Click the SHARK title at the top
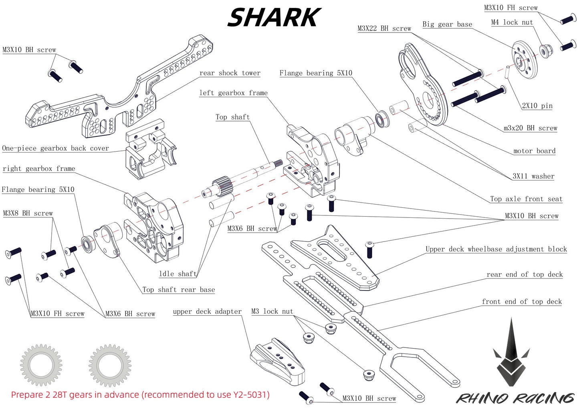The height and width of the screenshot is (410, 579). tap(274, 18)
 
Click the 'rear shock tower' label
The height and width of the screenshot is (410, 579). tap(230, 73)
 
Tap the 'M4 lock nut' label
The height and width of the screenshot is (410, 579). tap(512, 22)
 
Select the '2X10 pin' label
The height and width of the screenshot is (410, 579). tap(537, 106)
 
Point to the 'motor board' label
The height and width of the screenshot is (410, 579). tap(534, 151)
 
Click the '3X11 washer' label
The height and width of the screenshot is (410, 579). tap(533, 176)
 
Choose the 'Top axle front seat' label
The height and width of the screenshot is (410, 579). tap(526, 199)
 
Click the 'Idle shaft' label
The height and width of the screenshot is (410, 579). tap(178, 274)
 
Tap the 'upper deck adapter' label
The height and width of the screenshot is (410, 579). tap(207, 312)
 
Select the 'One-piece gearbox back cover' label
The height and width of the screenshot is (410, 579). tap(55, 148)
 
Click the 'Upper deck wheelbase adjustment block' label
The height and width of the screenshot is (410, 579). tap(496, 249)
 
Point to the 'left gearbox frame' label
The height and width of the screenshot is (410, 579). tap(233, 93)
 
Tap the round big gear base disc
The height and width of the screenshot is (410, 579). tap(524, 59)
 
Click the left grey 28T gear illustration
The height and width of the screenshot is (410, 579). tap(41, 365)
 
